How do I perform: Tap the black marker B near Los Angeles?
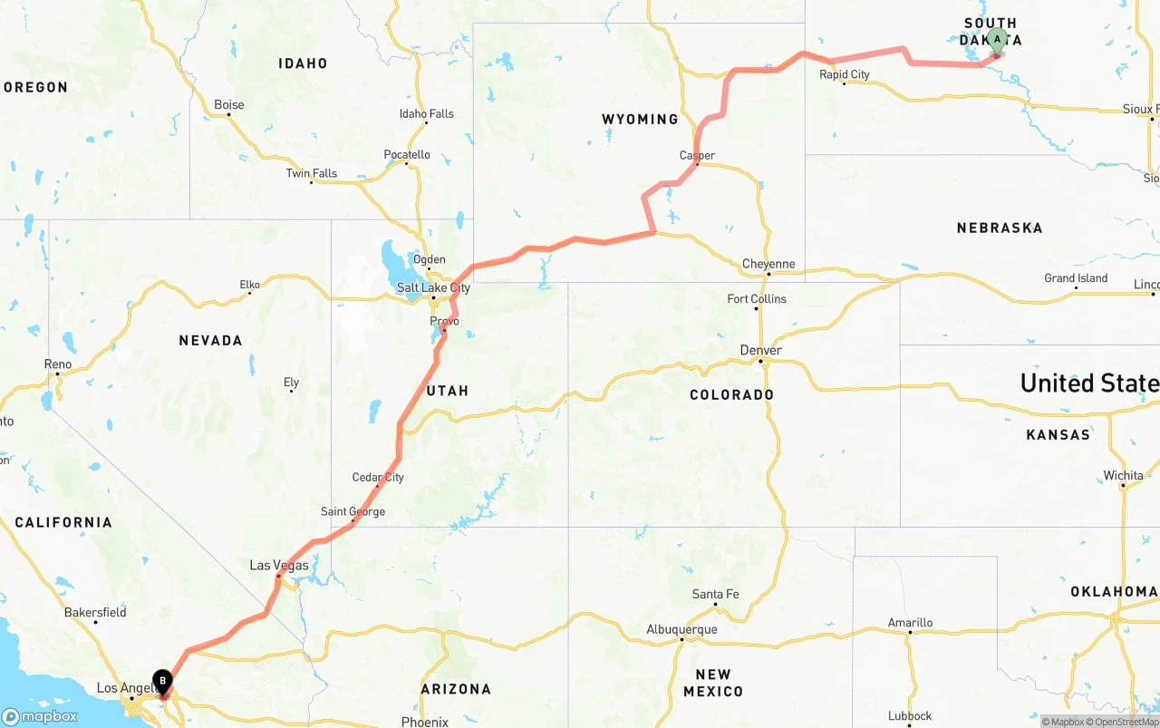coord(162,681)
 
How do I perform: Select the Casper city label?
coord(697,156)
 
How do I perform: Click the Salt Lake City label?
coord(433,288)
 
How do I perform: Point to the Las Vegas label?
coord(279,566)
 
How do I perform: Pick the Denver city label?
coord(760,351)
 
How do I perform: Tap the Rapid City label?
coord(844,74)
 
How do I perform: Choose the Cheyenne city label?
coord(768,265)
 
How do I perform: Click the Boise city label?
coord(228,105)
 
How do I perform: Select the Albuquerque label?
coord(681,629)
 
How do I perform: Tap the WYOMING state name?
coord(640,120)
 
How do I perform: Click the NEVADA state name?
coord(210,341)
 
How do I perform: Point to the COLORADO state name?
coord(731,395)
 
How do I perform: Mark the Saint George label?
coord(353,512)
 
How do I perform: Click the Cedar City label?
coord(378,478)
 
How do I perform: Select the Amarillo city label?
coord(910,623)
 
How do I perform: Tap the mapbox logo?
coord(40,716)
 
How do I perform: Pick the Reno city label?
coord(58,364)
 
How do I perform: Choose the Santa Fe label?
coord(715,595)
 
